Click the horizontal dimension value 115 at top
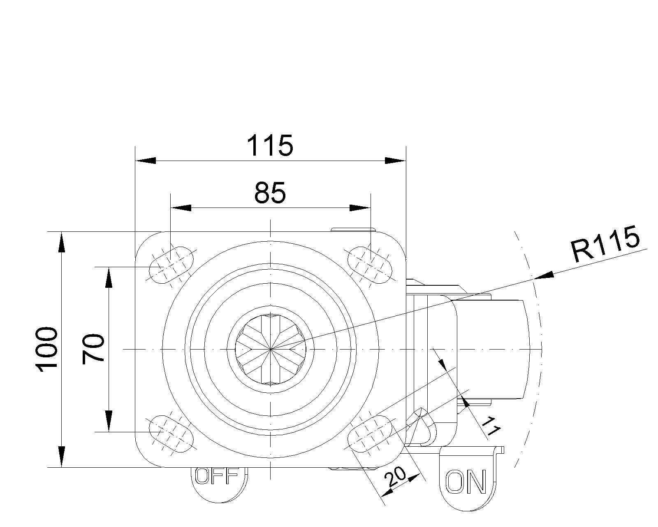point(270,145)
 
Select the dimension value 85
point(270,193)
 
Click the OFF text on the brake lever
point(217,476)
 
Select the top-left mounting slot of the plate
point(171,265)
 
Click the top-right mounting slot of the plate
point(370,265)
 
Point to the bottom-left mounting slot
point(171,434)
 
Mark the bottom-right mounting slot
point(370,434)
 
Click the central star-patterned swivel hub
point(271,349)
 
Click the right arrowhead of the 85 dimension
point(360,208)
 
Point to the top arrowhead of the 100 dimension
point(61,242)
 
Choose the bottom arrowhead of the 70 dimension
point(109,421)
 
